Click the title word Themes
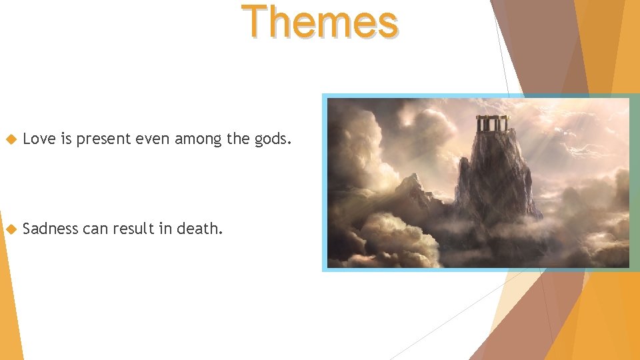coord(320,21)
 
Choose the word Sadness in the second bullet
coord(51,229)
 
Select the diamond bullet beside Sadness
coord(10,229)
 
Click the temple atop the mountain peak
coord(492,124)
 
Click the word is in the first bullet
coord(66,139)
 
